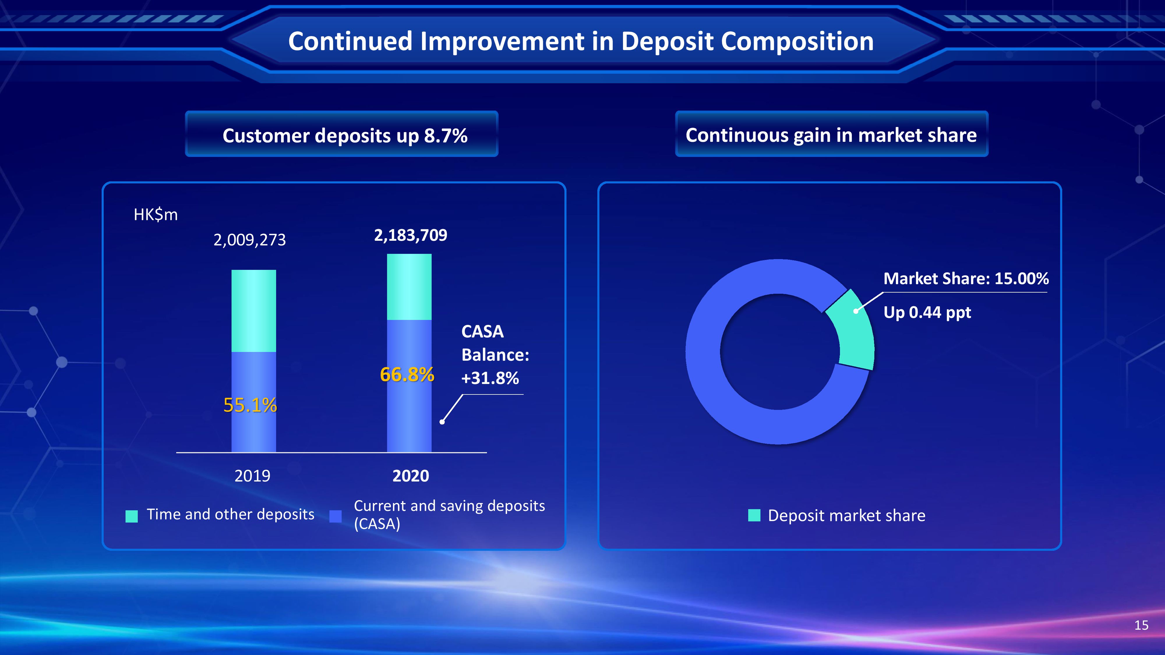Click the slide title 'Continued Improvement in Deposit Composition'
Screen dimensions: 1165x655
pos(581,42)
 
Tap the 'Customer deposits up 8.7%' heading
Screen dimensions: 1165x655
pos(345,136)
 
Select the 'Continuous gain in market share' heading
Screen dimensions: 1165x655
pos(831,135)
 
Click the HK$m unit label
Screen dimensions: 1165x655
pos(156,215)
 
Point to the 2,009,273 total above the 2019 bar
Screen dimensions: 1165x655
pos(250,240)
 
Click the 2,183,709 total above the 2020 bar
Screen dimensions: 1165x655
pos(411,235)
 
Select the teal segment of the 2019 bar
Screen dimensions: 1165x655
pos(254,311)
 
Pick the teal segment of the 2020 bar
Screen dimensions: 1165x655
pos(409,287)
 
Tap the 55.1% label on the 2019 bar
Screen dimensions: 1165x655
pos(250,405)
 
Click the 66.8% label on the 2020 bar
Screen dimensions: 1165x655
pos(407,374)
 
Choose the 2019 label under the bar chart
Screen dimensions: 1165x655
pos(252,476)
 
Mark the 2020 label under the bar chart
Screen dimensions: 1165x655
pos(411,476)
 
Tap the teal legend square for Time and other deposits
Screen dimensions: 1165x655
pos(132,516)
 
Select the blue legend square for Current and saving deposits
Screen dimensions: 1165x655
pos(336,516)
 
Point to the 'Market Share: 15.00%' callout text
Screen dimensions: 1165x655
pos(966,279)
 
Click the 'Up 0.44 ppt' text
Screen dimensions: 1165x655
pos(927,312)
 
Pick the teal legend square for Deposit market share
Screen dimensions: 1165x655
pos(754,515)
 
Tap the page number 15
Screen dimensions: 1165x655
pos(1141,626)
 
